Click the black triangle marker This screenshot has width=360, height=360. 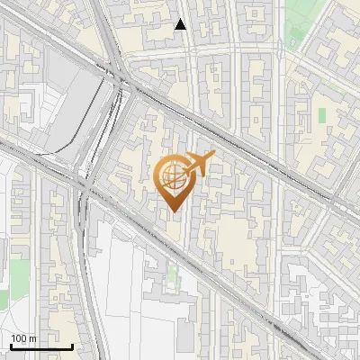coord(181,24)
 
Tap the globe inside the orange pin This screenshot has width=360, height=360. coord(172,176)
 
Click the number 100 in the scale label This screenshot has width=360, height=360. coord(19,338)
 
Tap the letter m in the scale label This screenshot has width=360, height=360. coord(33,338)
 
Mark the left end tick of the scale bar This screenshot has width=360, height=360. coord(10,346)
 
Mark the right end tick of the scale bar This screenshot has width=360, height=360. coord(72,346)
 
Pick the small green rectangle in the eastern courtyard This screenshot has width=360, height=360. coord(322,116)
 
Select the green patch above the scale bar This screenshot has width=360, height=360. coord(4,298)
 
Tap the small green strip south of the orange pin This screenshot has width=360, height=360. coord(172,274)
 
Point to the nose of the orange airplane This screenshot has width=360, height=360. coord(214,157)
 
